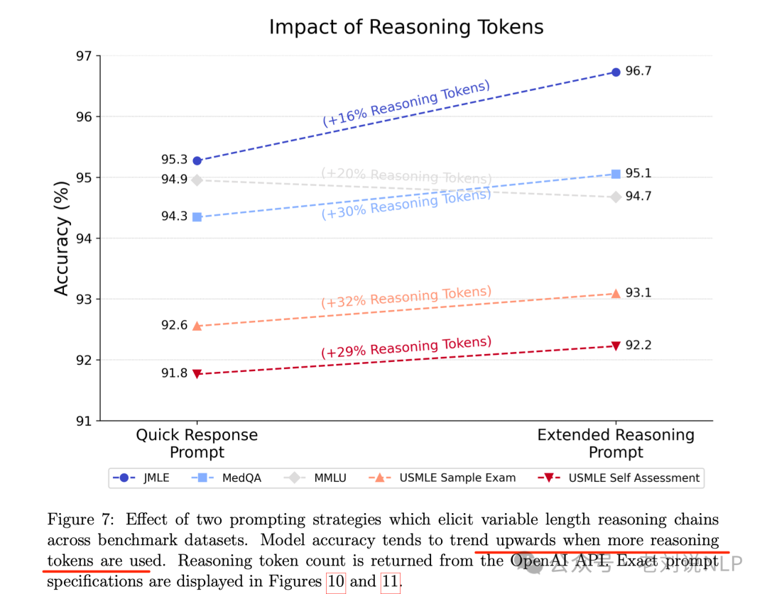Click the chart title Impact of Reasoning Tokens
[x=406, y=28]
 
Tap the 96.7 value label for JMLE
[x=638, y=72]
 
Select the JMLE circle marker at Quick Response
[x=197, y=161]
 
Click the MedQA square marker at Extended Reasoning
[x=616, y=174]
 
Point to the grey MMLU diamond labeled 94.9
[x=197, y=180]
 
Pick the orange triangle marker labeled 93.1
[x=616, y=293]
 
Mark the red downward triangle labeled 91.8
[x=197, y=373]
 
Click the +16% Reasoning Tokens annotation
[x=406, y=104]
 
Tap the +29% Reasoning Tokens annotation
[x=406, y=348]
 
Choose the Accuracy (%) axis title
[x=62, y=238]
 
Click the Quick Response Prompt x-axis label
[x=197, y=444]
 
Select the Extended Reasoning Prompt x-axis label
[x=616, y=444]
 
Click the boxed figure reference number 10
[x=336, y=583]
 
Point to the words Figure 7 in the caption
[x=75, y=520]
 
